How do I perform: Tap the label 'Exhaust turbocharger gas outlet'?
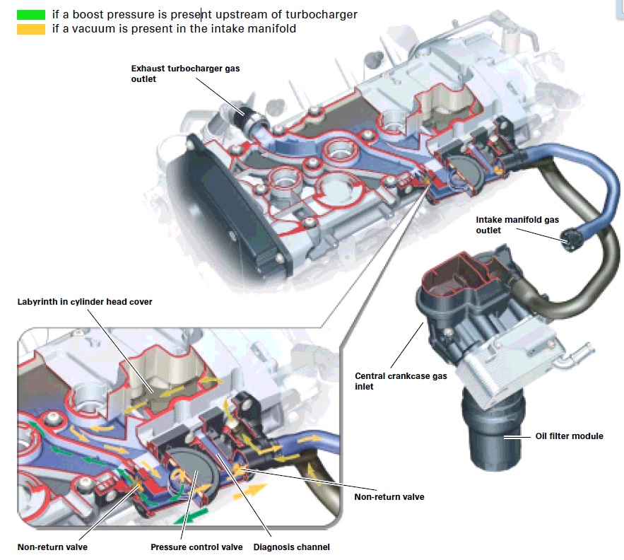176,74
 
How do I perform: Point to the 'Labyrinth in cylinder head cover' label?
85,302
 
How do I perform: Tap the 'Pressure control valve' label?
196,547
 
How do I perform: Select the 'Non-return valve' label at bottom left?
52,547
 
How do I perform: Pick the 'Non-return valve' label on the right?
389,497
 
